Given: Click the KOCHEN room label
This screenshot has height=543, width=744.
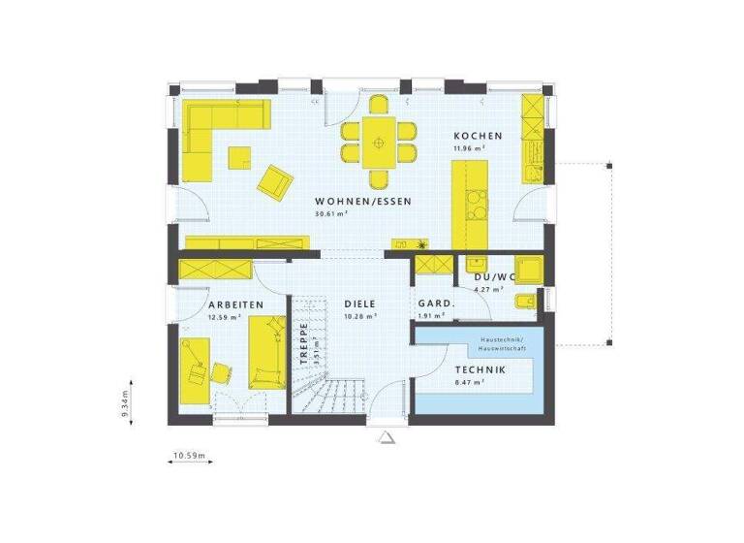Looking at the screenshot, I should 478,136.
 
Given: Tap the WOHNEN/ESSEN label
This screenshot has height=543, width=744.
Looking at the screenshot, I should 363,202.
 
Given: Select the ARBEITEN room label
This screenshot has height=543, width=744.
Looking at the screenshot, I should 235,304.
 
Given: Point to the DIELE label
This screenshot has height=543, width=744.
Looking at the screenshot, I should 360,304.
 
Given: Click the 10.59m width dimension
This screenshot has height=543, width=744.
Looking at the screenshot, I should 191,455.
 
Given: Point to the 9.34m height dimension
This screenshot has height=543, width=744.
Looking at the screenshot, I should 126,399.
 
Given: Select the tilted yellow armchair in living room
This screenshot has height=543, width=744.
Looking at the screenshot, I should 274,180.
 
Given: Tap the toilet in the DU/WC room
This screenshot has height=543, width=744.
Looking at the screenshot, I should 523,303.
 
